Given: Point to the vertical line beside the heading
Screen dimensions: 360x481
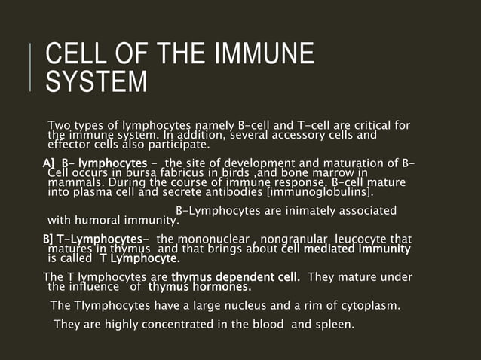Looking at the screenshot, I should (31, 68).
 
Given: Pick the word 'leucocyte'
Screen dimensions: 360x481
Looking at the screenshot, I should (369, 239).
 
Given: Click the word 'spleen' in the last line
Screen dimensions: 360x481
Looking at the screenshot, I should (332, 325).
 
